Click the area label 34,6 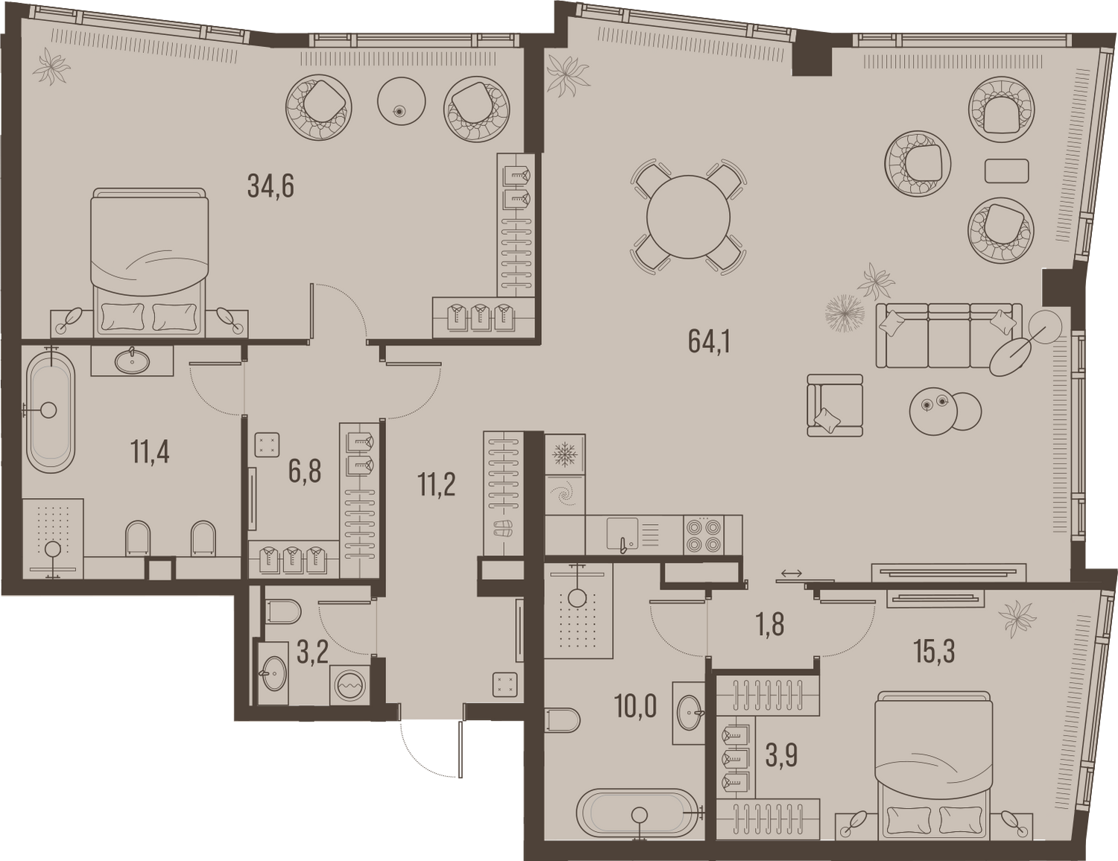click(271, 186)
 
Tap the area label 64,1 click(710, 341)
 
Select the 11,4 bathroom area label click(150, 452)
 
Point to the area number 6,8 click(305, 472)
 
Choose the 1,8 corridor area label click(770, 625)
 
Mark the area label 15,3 click(934, 652)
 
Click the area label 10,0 click(636, 706)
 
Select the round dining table click(689, 217)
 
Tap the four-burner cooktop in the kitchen click(704, 535)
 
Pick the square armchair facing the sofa click(835, 406)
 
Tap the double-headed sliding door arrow click(791, 573)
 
